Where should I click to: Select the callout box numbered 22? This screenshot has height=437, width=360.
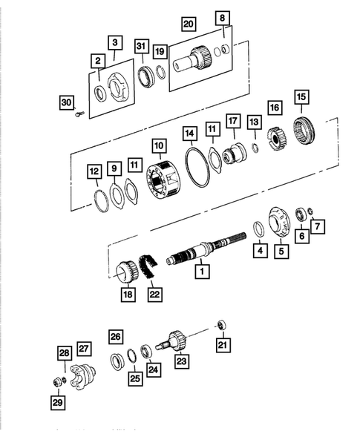(154, 295)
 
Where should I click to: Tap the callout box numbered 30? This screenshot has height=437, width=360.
(66, 102)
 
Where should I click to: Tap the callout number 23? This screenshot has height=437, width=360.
(181, 361)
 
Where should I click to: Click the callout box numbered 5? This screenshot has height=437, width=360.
(281, 251)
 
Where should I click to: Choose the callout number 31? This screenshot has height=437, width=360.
(141, 47)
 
